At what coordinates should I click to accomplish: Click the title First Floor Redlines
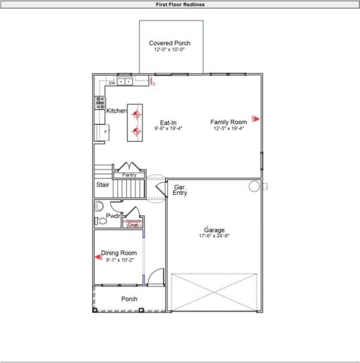(x=180, y=4)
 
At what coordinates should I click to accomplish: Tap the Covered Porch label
(x=169, y=43)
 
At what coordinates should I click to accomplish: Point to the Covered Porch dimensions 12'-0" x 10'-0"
(x=169, y=50)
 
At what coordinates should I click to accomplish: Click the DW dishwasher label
(x=112, y=84)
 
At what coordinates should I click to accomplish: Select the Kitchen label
(x=116, y=111)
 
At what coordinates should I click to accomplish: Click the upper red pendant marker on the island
(x=135, y=113)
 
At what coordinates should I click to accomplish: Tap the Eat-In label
(x=168, y=123)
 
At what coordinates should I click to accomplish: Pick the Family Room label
(x=228, y=123)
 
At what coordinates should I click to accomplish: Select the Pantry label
(x=129, y=174)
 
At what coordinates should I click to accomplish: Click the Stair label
(x=103, y=185)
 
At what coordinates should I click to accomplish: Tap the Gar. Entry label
(x=180, y=189)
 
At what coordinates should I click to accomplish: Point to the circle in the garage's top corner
(x=254, y=186)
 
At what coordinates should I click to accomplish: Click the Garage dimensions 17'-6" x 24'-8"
(x=214, y=235)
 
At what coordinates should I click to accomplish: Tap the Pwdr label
(x=113, y=216)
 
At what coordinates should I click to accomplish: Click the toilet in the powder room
(x=101, y=221)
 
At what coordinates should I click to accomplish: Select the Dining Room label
(x=118, y=253)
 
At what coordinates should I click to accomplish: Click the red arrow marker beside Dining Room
(x=98, y=257)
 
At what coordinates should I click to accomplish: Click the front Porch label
(x=129, y=299)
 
